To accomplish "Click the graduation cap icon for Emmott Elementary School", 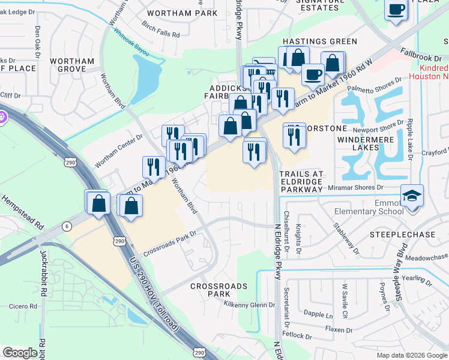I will point(411,197).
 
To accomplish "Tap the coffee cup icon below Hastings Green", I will point(312,74).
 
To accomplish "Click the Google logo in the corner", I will point(20,353).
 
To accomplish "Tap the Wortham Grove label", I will point(72,65).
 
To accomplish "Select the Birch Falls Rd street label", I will point(161,31).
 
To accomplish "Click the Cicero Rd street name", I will point(23,306).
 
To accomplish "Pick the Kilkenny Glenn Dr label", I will point(249,305).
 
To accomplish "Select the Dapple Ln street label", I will point(318,314).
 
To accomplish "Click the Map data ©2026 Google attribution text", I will point(412,355).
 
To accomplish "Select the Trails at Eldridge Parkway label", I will point(301,182).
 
